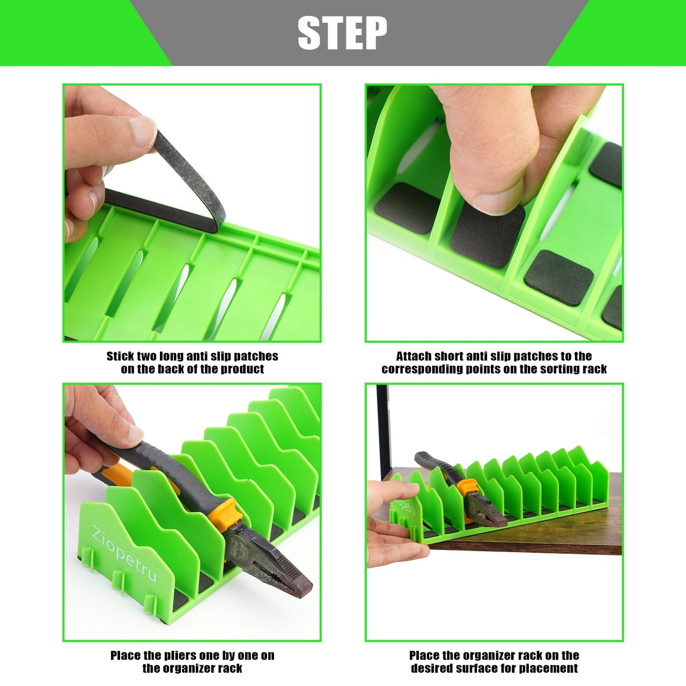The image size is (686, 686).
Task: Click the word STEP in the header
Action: point(342,33)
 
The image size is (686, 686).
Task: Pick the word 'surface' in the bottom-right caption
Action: point(479,668)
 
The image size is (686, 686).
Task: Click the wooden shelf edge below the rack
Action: point(522,548)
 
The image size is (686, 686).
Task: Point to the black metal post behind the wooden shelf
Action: point(383,427)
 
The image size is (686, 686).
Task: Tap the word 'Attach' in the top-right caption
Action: point(413,357)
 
